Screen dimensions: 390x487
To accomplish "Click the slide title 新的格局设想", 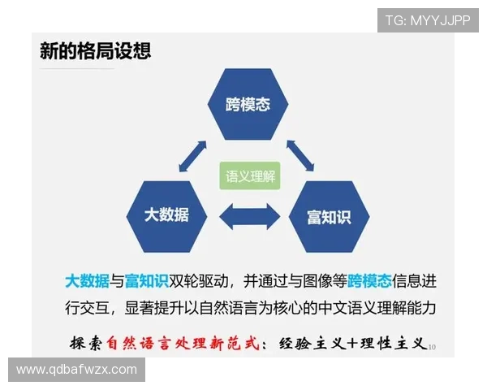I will [95, 51].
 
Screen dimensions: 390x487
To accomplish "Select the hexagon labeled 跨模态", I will [248, 105].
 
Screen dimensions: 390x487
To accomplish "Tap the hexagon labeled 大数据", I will [167, 214].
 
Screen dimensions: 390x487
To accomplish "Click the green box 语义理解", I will [249, 175].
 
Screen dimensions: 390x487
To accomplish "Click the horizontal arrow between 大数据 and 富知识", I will [248, 216].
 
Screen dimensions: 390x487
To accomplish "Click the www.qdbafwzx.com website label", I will [77, 370].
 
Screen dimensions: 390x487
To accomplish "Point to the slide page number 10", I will [432, 347].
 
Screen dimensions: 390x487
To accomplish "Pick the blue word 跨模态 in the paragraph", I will [369, 281].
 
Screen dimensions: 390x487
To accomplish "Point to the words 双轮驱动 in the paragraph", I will [196, 281].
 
